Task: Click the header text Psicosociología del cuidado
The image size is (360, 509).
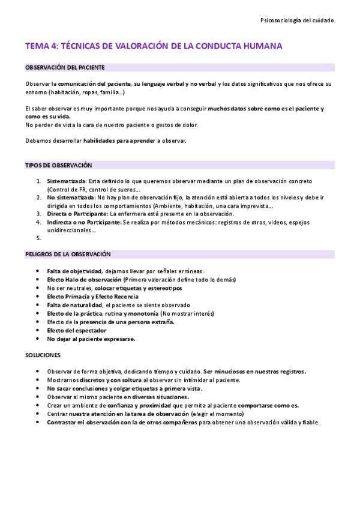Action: (298, 20)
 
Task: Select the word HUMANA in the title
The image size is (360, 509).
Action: (262, 46)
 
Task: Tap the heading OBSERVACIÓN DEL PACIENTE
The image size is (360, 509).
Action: (65, 67)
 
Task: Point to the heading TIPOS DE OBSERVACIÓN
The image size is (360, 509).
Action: (58, 165)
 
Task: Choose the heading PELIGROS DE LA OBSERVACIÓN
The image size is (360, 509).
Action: (68, 254)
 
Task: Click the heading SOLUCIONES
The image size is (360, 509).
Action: (43, 355)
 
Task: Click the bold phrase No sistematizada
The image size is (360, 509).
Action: (70, 197)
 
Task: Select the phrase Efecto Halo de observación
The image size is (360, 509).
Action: (84, 280)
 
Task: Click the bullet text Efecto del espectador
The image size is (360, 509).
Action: (76, 330)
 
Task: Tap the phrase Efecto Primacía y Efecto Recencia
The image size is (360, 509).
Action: (92, 297)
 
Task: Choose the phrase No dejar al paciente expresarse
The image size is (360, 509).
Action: (91, 339)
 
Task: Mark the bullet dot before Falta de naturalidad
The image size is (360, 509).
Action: (38, 305)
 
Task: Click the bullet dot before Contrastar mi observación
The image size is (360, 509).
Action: (38, 423)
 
